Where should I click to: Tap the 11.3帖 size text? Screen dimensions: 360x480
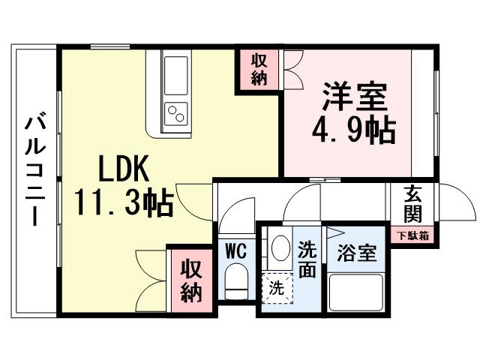(124, 201)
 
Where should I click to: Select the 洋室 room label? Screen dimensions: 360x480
(355, 98)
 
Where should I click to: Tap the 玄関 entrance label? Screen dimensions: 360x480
(413, 203)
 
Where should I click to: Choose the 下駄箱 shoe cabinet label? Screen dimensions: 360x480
(413, 235)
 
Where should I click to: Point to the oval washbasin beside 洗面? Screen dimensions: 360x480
(280, 248)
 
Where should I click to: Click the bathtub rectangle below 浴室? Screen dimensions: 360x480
(358, 292)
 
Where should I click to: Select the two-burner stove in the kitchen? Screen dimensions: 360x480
(177, 113)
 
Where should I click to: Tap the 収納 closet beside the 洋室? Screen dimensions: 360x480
(259, 70)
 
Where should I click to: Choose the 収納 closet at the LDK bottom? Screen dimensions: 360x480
(190, 280)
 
